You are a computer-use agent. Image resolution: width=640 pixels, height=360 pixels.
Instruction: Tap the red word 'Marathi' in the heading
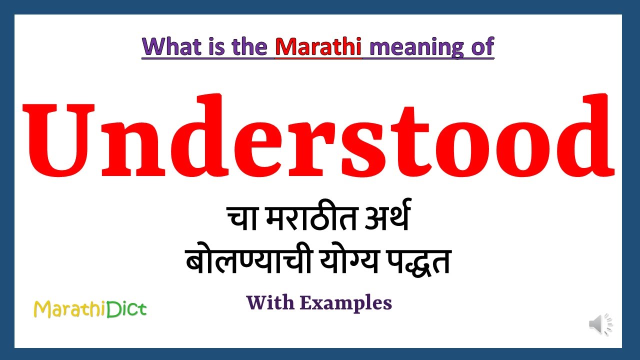click(x=318, y=46)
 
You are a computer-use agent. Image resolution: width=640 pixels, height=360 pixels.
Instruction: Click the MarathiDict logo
click(x=90, y=309)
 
